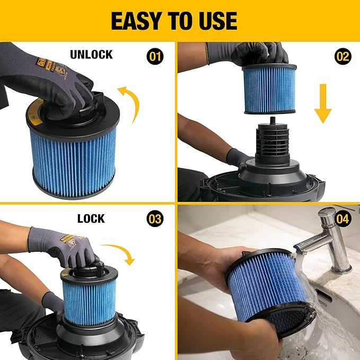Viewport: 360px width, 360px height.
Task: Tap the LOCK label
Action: coord(91,218)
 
